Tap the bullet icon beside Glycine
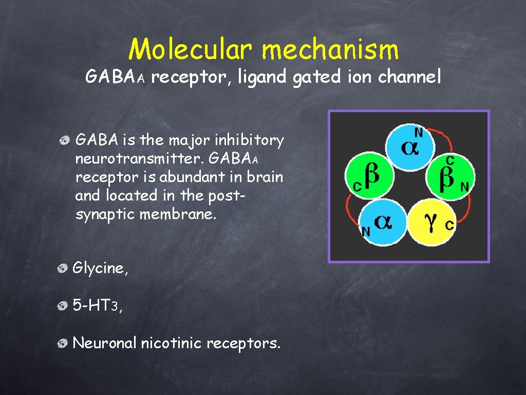tap(63, 268)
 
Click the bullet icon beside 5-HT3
tap(63, 307)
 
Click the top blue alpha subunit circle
tap(409, 145)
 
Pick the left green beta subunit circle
tap(368, 174)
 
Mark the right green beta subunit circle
tap(450, 174)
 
